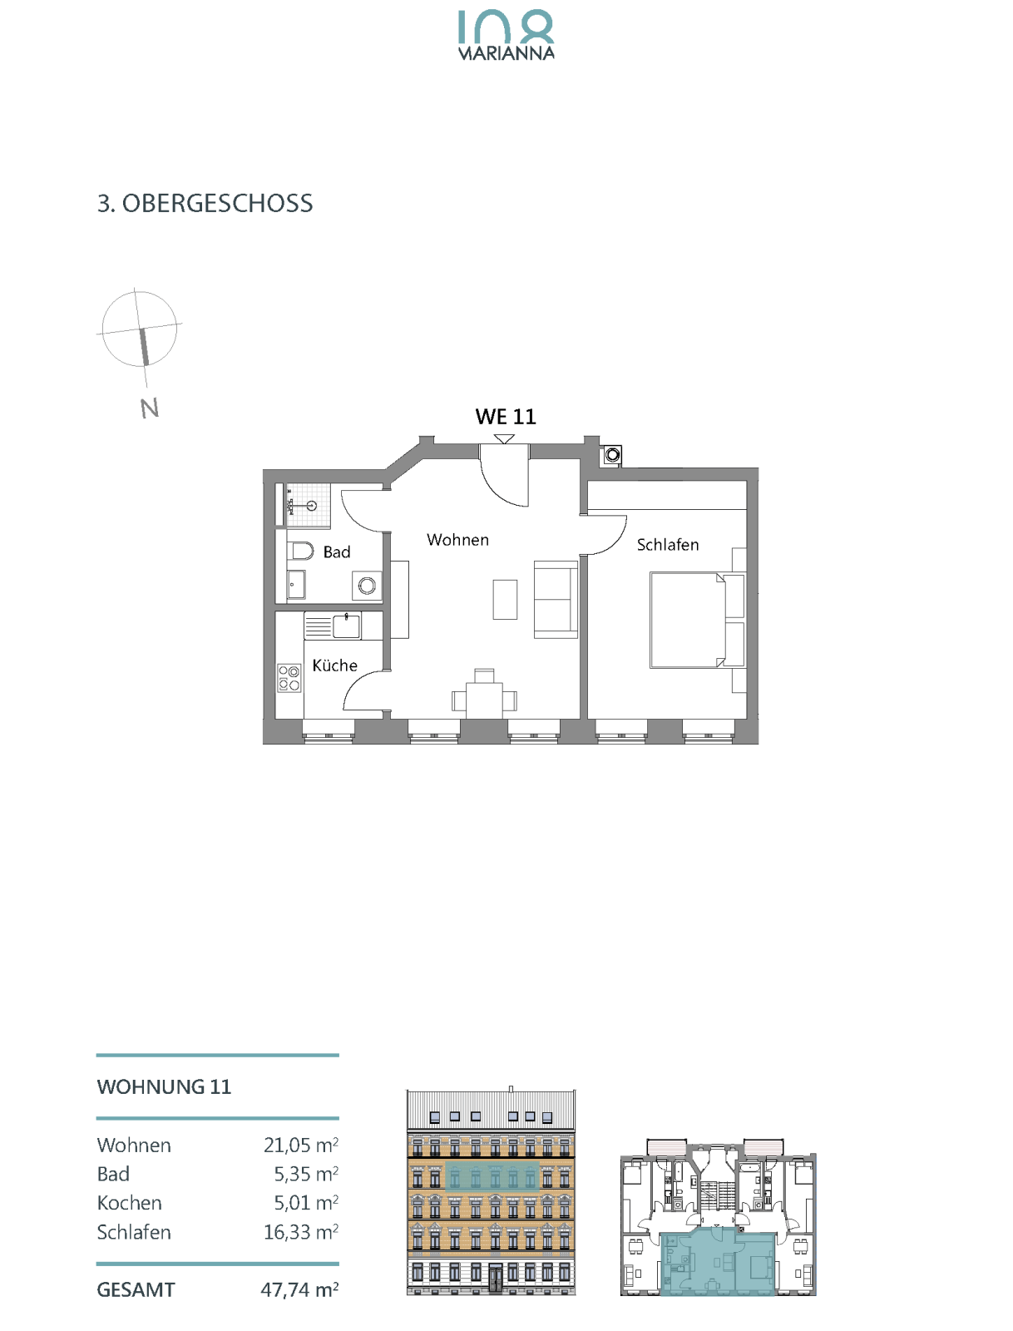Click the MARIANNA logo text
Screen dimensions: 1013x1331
[506, 53]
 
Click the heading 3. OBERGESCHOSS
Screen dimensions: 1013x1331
[205, 204]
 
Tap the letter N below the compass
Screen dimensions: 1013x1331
[149, 408]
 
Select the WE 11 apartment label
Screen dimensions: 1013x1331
[506, 418]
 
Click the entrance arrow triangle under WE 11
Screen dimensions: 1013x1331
[504, 438]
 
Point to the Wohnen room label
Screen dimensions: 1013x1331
[457, 540]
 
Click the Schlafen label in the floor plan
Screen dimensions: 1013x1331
[668, 545]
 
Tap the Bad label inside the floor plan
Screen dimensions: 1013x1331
[337, 552]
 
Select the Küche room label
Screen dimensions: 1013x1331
[334, 665]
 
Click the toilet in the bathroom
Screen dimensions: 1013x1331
[300, 551]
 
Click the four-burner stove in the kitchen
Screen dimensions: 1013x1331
[289, 678]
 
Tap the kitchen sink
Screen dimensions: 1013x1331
[345, 626]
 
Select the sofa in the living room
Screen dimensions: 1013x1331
[556, 599]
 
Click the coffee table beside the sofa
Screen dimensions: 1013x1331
[505, 599]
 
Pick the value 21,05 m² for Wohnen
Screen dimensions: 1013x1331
[301, 1145]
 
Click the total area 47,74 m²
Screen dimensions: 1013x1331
[299, 1289]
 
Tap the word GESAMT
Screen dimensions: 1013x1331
[136, 1289]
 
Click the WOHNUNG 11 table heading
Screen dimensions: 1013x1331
[165, 1086]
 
